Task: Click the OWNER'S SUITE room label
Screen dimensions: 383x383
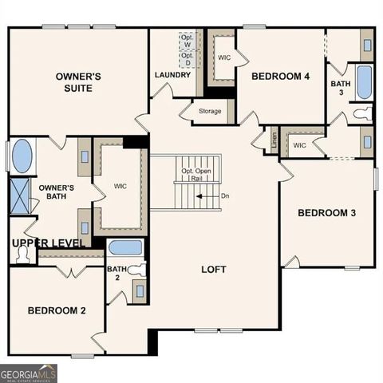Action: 78,81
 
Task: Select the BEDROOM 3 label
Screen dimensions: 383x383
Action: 326,213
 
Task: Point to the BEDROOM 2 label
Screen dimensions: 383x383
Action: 57,310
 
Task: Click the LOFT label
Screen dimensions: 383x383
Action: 214,270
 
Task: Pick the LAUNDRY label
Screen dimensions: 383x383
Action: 172,75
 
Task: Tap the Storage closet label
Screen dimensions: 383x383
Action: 210,111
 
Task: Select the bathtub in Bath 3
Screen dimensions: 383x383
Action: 364,82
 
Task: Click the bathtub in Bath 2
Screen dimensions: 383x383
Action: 124,247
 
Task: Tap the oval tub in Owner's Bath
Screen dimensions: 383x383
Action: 22,156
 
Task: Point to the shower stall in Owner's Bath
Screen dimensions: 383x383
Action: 20,195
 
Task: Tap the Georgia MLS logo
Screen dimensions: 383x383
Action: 29,373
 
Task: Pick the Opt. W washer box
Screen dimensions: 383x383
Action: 188,41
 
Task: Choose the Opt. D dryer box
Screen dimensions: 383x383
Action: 188,59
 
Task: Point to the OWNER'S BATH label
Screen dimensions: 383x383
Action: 57,192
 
